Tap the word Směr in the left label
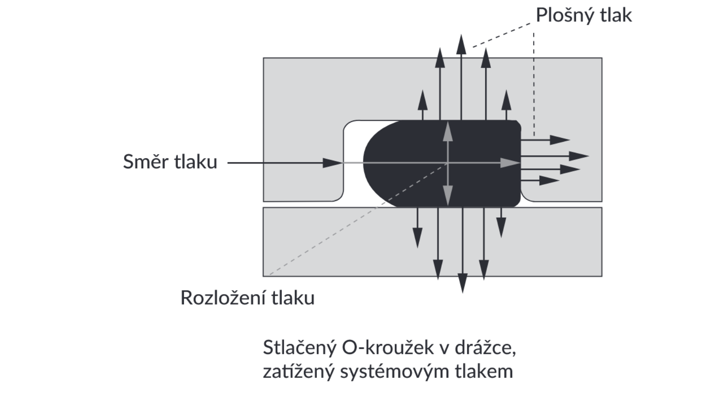pos(146,161)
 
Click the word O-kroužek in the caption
pos(387,347)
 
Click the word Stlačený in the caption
pos(300,348)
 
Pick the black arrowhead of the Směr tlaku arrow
pos(333,163)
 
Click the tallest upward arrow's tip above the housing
pos(461,34)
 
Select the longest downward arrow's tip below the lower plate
pos(463,293)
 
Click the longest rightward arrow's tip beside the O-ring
pos(589,156)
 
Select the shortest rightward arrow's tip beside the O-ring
pos(560,180)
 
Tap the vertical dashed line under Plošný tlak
pos(534,84)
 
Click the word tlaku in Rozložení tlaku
pos(293,297)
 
